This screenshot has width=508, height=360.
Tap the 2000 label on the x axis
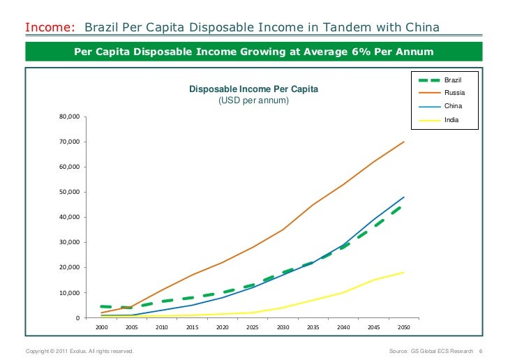[x=101, y=327]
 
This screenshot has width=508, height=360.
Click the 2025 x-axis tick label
[x=253, y=327]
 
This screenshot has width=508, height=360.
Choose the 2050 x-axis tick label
[x=403, y=327]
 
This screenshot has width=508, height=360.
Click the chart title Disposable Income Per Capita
[x=254, y=89]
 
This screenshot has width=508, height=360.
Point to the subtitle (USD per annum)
[x=254, y=100]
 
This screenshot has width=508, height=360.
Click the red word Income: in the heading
[x=50, y=28]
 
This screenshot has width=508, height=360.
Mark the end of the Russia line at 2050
[x=403, y=142]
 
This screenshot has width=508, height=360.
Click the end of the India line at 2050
[x=403, y=272]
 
